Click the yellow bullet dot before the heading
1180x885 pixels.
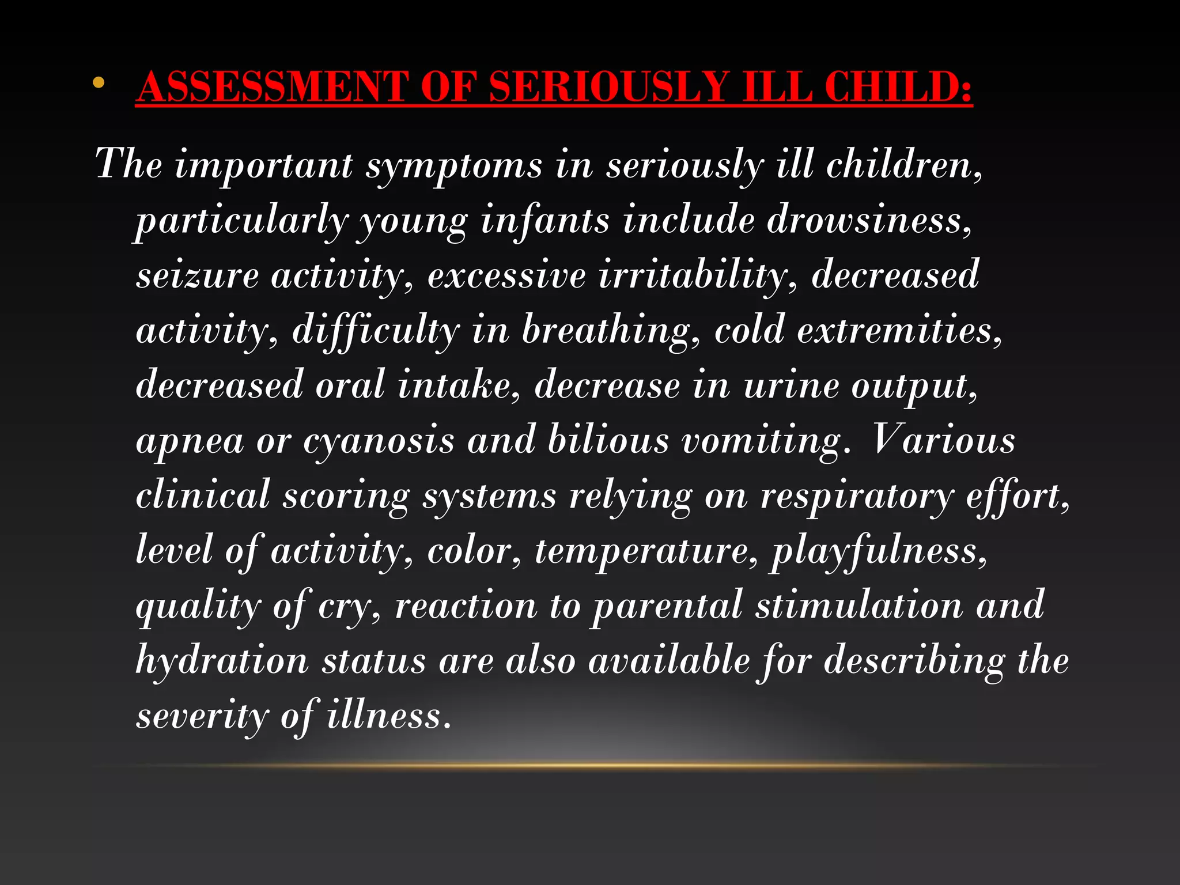(99, 83)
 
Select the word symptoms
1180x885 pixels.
(454, 166)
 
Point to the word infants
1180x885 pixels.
(544, 221)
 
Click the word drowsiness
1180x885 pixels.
(869, 221)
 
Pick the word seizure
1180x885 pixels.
(197, 275)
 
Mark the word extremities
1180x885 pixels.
(899, 331)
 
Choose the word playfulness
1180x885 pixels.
(879, 551)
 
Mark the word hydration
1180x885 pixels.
(222, 660)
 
